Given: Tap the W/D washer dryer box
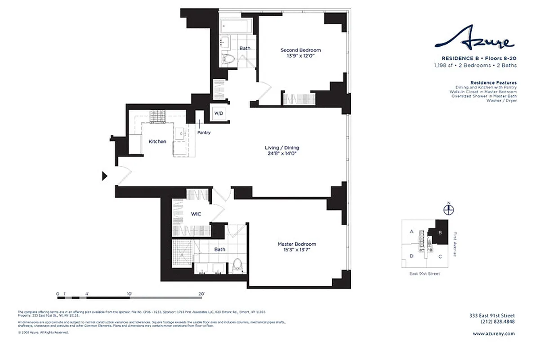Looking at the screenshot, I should tap(218, 112).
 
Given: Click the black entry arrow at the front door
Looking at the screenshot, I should tap(105, 176).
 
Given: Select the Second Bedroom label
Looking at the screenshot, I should tap(301, 50).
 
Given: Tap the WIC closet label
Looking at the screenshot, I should tap(196, 214).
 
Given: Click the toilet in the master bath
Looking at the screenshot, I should tap(237, 265).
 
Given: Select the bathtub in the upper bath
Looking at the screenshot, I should tap(237, 26).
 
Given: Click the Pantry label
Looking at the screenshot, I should tap(204, 133).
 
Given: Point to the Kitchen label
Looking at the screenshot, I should tap(157, 141).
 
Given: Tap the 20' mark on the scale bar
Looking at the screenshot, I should tap(201, 294).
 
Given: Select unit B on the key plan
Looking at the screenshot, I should tap(440, 232).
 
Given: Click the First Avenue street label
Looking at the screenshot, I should tap(455, 244).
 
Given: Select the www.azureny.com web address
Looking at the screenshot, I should tap(493, 333).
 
